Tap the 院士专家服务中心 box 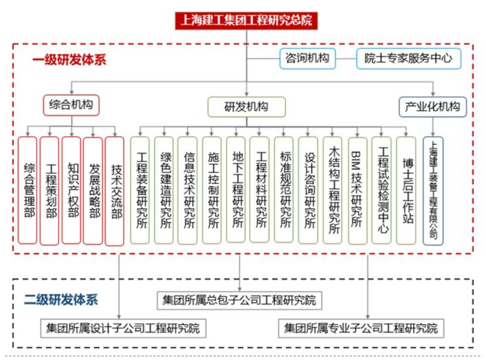[408, 58]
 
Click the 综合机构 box [71, 105]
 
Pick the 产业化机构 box [433, 106]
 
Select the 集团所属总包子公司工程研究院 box [239, 300]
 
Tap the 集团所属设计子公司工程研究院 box [123, 328]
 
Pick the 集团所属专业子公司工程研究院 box [361, 328]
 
